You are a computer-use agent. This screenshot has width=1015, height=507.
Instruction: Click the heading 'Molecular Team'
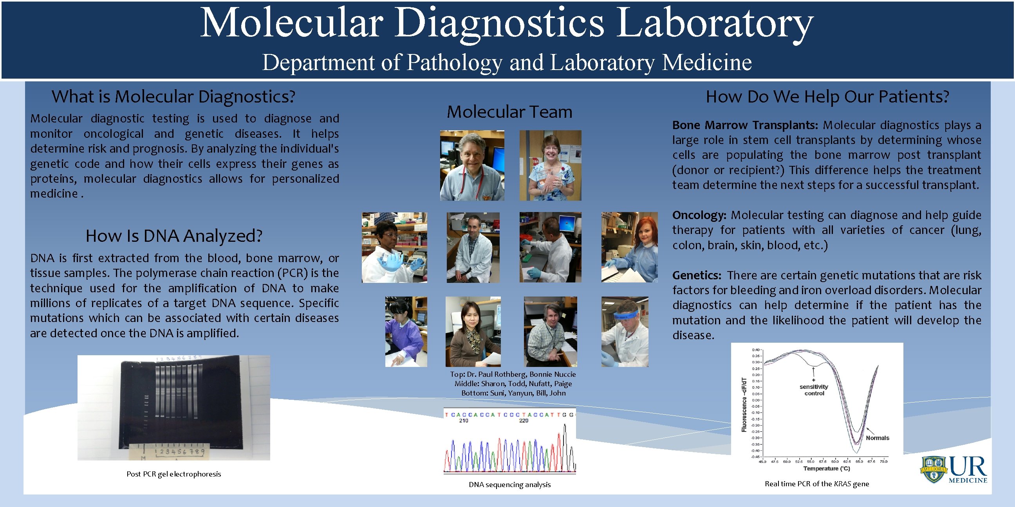pyautogui.click(x=509, y=112)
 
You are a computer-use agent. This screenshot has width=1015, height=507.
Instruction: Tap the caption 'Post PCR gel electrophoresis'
pyautogui.click(x=173, y=474)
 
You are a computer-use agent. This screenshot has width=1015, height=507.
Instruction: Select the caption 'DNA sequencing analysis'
pyautogui.click(x=509, y=485)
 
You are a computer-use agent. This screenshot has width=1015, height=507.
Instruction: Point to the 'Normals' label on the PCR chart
pyautogui.click(x=877, y=438)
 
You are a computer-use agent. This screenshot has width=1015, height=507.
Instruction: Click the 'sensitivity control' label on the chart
pyautogui.click(x=814, y=390)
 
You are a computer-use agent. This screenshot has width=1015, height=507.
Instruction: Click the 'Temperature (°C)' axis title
pyautogui.click(x=826, y=468)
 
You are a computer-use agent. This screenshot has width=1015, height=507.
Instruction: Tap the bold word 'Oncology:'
pyautogui.click(x=699, y=215)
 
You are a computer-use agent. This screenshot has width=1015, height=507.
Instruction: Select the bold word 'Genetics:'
pyautogui.click(x=697, y=275)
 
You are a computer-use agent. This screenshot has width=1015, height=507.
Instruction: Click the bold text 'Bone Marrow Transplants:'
pyautogui.click(x=745, y=125)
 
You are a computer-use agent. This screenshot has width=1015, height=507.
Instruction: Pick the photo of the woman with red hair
pyautogui.click(x=629, y=247)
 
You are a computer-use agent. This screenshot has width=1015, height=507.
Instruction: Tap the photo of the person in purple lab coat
pyautogui.click(x=406, y=331)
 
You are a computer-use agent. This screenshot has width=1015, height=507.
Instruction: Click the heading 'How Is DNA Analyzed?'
pyautogui.click(x=174, y=236)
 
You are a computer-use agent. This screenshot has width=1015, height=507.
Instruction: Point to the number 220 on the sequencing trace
pyautogui.click(x=523, y=421)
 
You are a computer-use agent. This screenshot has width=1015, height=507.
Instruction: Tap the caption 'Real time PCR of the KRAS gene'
pyautogui.click(x=816, y=484)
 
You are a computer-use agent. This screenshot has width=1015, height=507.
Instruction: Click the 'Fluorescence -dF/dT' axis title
pyautogui.click(x=744, y=405)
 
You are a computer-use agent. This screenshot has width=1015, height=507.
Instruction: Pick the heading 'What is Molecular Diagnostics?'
pyautogui.click(x=173, y=97)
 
